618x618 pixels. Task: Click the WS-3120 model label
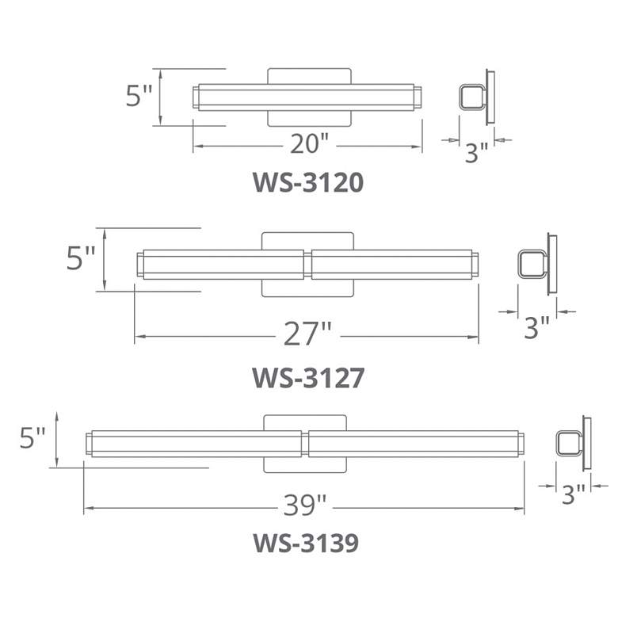coord(308,183)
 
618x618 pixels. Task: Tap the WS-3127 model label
coord(308,378)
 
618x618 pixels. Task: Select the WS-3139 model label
coord(306,544)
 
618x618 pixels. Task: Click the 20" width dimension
coord(309,144)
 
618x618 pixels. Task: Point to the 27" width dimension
coord(307,335)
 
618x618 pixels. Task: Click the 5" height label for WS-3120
coord(139,96)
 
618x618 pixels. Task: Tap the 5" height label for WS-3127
coord(81,259)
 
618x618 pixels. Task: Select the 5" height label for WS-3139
coord(32,438)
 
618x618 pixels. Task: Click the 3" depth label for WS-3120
coord(476,152)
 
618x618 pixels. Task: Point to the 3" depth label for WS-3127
coord(536,326)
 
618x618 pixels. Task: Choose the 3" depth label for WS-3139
coord(573,494)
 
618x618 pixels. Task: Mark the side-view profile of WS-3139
coord(573,443)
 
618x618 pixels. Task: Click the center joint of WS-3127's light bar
coord(308,265)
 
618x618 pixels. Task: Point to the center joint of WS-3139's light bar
coord(304,443)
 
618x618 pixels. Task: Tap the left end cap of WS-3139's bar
coord(90,444)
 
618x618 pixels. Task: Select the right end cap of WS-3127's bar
coord(473,265)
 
